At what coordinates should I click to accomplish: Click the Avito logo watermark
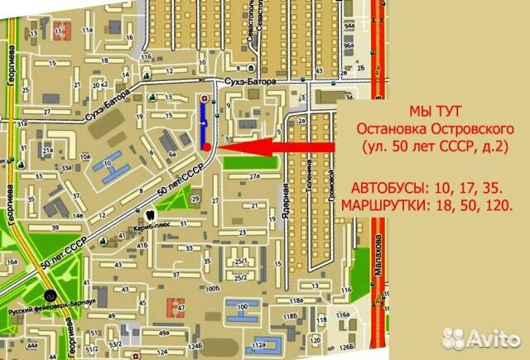(481, 338)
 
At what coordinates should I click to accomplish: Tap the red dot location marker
(205, 146)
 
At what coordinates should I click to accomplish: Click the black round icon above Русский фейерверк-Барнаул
(51, 294)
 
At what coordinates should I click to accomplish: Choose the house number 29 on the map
(195, 199)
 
